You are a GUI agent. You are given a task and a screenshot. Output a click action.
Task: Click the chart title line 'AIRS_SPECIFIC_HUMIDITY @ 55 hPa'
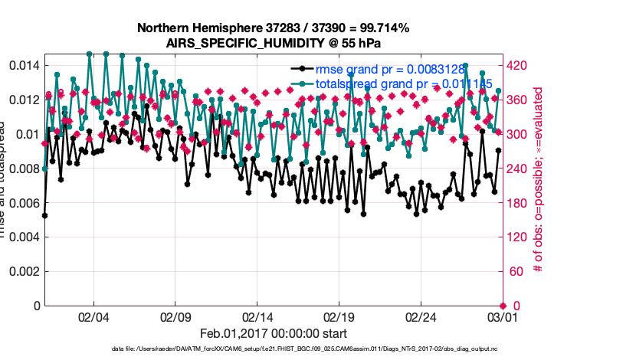point(274,43)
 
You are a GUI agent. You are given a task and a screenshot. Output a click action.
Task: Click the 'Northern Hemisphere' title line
point(274,28)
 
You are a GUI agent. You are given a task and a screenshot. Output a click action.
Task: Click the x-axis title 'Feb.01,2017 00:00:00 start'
point(274,334)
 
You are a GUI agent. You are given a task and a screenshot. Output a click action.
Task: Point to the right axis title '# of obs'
point(539,184)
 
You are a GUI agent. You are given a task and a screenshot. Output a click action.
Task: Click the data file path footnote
point(304,349)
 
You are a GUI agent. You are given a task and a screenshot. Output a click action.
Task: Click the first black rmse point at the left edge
point(44,215)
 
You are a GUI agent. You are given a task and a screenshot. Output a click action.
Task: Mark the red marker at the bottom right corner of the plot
point(502,306)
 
